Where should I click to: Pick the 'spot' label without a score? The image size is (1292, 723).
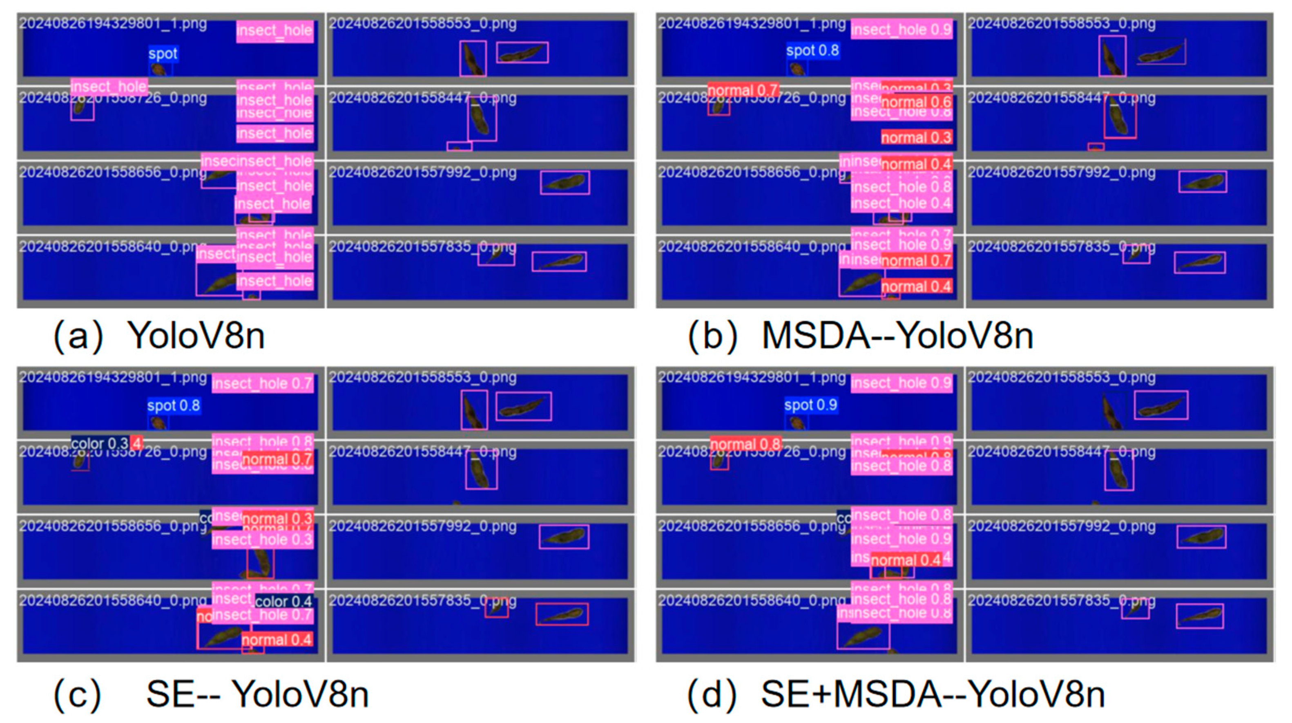(163, 53)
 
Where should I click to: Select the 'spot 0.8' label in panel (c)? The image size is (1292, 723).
(173, 405)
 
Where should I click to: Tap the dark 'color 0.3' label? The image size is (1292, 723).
(100, 443)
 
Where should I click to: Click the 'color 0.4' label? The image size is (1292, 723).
(283, 601)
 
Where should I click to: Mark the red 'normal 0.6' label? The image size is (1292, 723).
(916, 102)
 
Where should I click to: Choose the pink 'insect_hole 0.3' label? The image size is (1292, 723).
(262, 539)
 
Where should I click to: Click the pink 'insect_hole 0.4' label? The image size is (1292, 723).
(901, 203)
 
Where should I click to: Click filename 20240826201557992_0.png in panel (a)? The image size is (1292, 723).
(422, 172)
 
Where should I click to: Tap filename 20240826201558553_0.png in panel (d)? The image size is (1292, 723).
(1061, 377)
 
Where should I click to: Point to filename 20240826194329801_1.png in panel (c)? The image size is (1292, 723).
(113, 377)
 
